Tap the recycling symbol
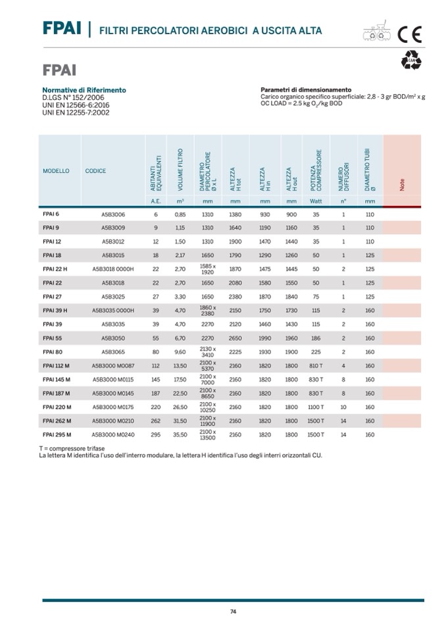click(412, 61)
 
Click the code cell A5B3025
click(113, 297)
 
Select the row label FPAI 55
click(52, 338)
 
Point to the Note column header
click(401, 186)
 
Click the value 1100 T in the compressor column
click(316, 407)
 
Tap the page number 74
click(233, 612)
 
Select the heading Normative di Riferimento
click(84, 90)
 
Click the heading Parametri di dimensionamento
click(306, 90)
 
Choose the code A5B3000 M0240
click(113, 434)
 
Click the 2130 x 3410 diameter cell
click(208, 352)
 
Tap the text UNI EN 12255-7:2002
click(76, 112)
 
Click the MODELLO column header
click(56, 171)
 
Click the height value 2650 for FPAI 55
click(235, 338)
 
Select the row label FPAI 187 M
click(57, 393)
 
